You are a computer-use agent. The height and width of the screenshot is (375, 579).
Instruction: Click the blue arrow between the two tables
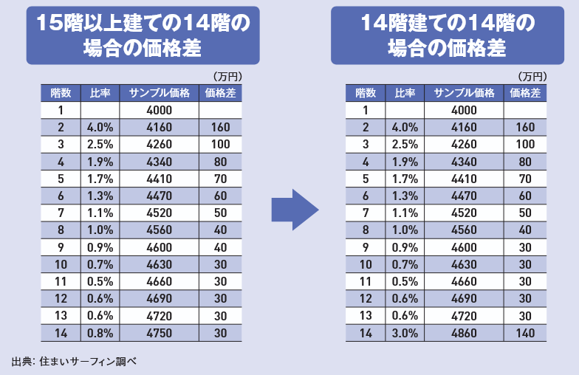pyautogui.click(x=294, y=210)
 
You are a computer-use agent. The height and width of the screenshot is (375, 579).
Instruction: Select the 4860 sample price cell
pyautogui.click(x=464, y=333)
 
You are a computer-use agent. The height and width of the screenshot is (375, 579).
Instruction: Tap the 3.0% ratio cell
pyautogui.click(x=405, y=333)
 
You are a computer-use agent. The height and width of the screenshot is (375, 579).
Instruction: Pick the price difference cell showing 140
pyautogui.click(x=525, y=333)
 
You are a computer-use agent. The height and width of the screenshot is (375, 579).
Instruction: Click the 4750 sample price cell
pyautogui.click(x=160, y=333)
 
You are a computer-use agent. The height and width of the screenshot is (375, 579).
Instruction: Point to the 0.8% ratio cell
pyautogui.click(x=100, y=333)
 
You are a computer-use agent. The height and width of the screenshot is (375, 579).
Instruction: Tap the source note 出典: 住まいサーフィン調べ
pyautogui.click(x=75, y=362)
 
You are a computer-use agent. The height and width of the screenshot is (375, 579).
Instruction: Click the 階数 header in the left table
pyautogui.click(x=61, y=93)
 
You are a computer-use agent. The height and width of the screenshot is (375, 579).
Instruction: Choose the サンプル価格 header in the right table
pyautogui.click(x=464, y=93)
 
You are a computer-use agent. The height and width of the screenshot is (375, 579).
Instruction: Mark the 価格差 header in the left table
pyautogui.click(x=220, y=93)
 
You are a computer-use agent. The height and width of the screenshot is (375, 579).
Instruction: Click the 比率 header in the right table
pyautogui.click(x=405, y=93)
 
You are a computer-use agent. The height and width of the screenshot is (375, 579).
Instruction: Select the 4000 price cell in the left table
pyautogui.click(x=160, y=110)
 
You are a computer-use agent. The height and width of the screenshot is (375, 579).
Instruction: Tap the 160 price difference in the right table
pyautogui.click(x=525, y=128)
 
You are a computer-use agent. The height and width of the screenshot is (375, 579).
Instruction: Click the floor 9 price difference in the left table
pyautogui.click(x=220, y=247)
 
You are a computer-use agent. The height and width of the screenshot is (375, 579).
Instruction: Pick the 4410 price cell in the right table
pyautogui.click(x=464, y=178)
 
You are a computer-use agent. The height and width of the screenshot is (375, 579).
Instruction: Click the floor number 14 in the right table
pyautogui.click(x=365, y=333)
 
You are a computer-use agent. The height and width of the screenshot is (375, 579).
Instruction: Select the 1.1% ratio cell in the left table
pyautogui.click(x=100, y=213)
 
